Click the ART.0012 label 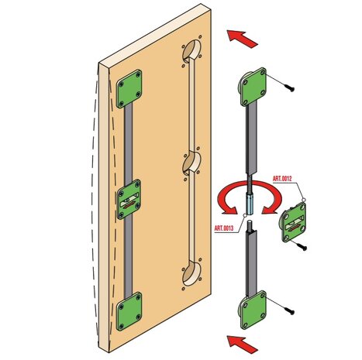tap(282, 179)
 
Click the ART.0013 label tap(224, 228)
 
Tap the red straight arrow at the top tap(242, 39)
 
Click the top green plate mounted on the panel tap(129, 88)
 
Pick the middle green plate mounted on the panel tap(129, 200)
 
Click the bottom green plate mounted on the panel tap(129, 311)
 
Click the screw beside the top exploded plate tap(289, 87)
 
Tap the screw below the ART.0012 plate tap(301, 247)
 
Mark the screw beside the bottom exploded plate tap(289, 310)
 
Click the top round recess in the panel tap(191, 50)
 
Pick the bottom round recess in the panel tap(191, 273)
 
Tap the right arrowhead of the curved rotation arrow tap(268, 210)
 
